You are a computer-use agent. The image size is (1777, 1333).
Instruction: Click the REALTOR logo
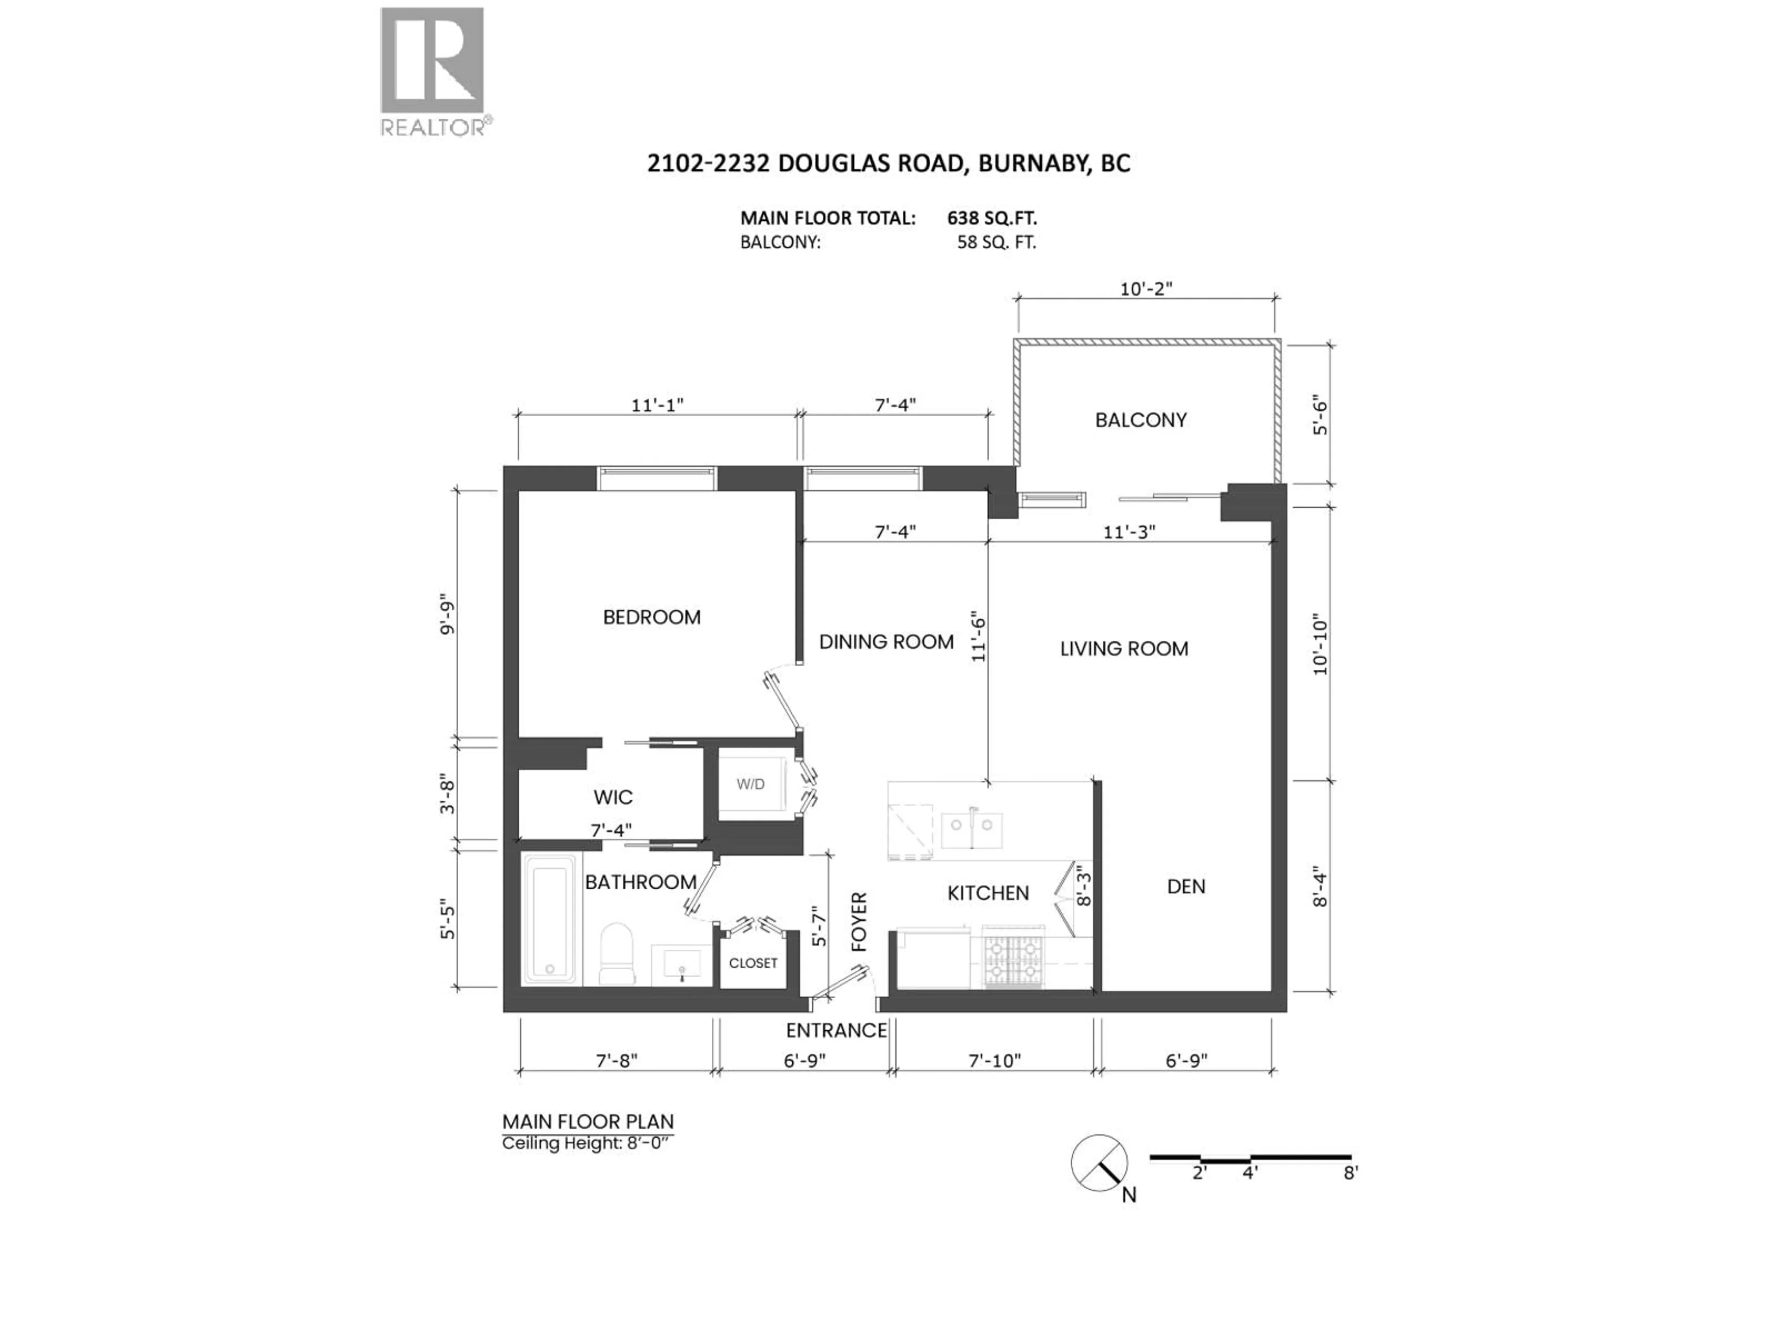tap(432, 71)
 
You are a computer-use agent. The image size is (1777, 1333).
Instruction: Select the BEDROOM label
tap(652, 617)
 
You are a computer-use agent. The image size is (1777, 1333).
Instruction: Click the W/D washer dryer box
tap(751, 784)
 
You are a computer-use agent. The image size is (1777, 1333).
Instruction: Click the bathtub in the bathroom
tap(549, 919)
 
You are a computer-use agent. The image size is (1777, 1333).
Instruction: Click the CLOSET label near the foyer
tap(753, 963)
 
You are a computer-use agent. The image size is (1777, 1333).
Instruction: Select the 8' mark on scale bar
tap(1350, 1173)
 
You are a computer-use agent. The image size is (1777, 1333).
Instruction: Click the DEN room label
tap(1186, 886)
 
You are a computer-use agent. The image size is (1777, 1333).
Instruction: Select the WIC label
tap(613, 797)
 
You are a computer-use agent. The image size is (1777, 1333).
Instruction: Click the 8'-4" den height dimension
tap(1320, 886)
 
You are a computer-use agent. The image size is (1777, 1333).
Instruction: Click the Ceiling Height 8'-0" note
tap(587, 1143)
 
